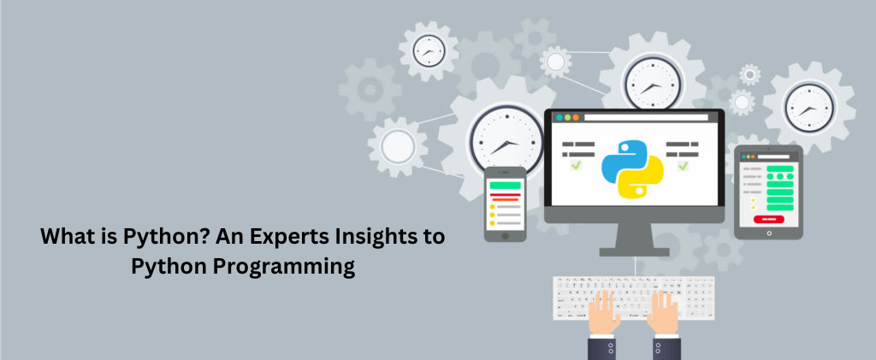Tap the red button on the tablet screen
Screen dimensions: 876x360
tap(768, 220)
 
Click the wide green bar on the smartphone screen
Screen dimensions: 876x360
tap(505, 186)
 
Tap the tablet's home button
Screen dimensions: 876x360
tap(769, 233)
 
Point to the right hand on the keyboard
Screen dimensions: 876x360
tap(664, 313)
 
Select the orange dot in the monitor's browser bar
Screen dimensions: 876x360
tap(576, 118)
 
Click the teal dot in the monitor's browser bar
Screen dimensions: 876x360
tap(558, 118)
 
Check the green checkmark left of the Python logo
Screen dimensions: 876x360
tap(576, 165)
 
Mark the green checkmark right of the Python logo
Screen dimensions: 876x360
tap(683, 166)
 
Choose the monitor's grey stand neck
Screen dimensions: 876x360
tap(635, 235)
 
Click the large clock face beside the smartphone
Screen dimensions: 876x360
tap(506, 140)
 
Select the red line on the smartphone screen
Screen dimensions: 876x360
tap(505, 195)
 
